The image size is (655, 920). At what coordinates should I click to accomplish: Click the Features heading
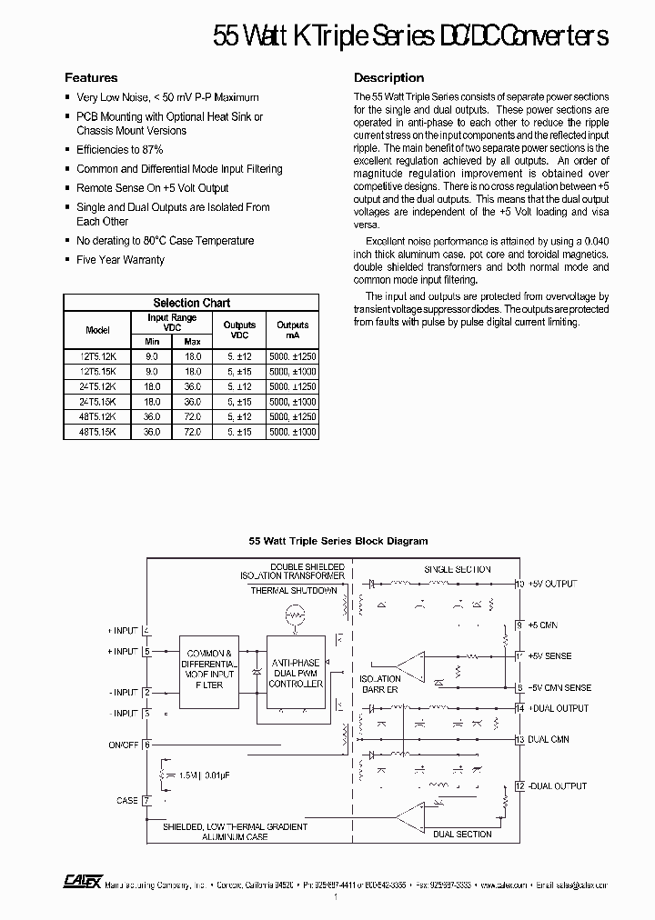point(91,78)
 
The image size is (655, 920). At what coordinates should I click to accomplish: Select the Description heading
point(388,78)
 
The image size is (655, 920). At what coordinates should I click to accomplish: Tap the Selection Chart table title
point(191,303)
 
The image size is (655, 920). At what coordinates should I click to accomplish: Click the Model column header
point(97,330)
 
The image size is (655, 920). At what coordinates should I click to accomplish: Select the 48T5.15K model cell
point(97,433)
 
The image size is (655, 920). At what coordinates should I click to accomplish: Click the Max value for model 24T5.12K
point(192,385)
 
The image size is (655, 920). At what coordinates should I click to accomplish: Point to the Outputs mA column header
point(292,330)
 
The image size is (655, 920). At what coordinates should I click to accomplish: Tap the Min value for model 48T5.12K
point(152,416)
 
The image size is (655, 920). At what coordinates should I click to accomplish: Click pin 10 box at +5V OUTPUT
point(519,584)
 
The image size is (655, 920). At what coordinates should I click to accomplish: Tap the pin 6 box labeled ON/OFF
point(146,745)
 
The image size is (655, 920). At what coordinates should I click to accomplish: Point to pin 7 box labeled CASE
point(146,801)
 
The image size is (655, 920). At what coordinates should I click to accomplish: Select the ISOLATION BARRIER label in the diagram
point(379,684)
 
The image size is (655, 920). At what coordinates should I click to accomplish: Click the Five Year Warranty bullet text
point(120,260)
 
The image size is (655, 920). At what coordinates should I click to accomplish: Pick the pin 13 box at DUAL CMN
point(519,740)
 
